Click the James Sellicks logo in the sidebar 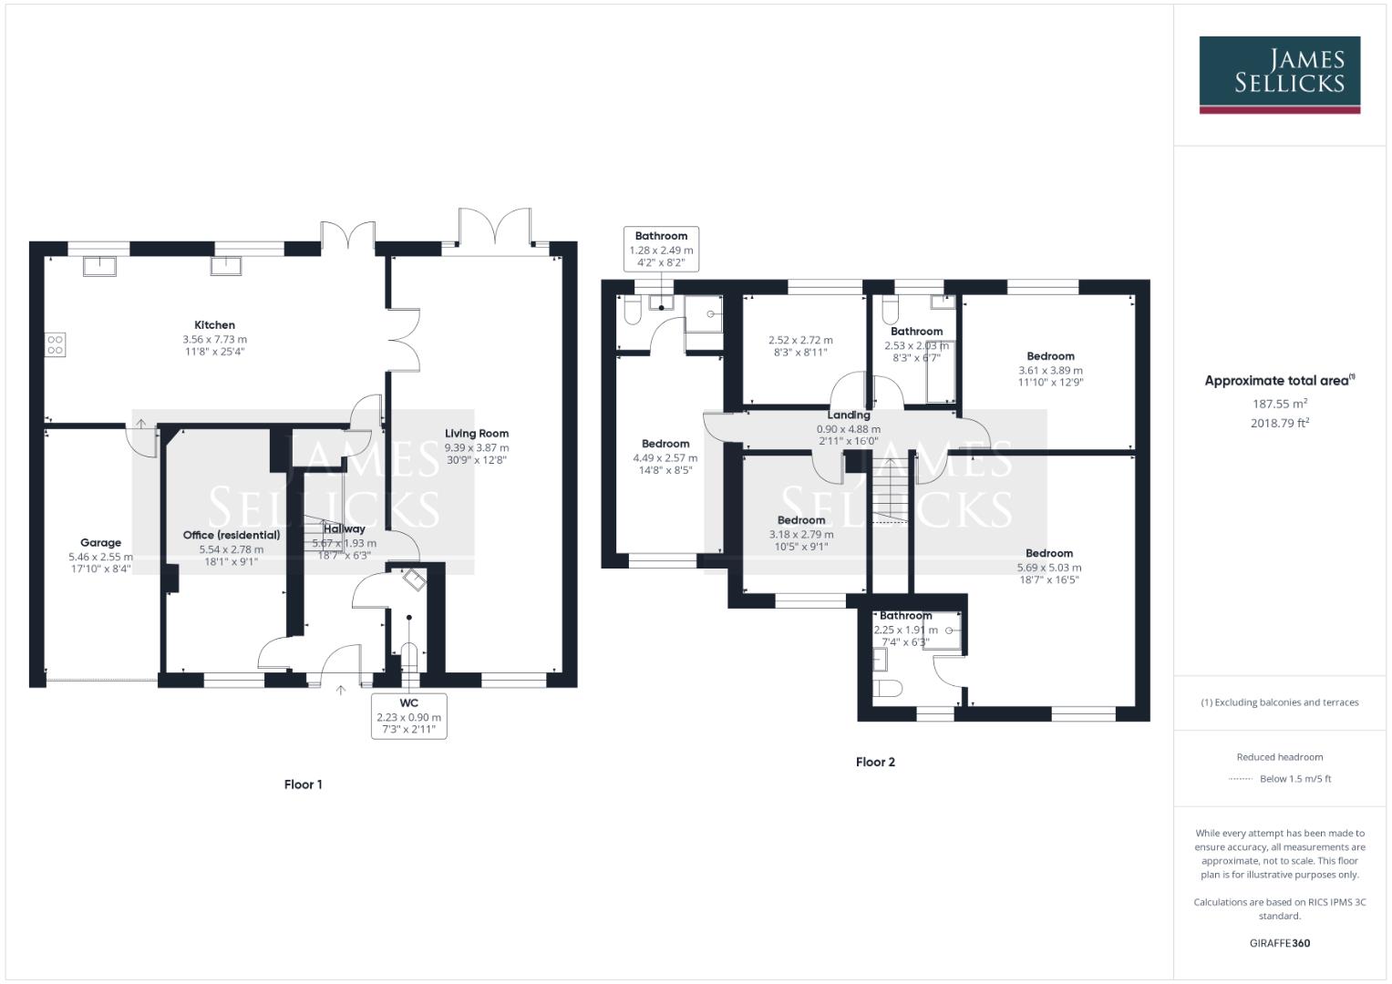click(1279, 75)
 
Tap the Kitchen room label click(214, 325)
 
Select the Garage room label click(100, 543)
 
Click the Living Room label click(477, 434)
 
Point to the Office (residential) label click(232, 536)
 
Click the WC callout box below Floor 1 click(409, 716)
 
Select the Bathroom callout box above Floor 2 click(661, 249)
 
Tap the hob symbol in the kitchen click(56, 344)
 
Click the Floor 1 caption click(303, 784)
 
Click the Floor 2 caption click(875, 762)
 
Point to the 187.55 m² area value click(1280, 404)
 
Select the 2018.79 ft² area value click(1280, 423)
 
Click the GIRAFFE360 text click(1280, 943)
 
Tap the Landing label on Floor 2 click(848, 415)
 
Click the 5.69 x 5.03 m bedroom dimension click(1049, 568)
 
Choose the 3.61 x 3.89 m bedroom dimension click(1050, 371)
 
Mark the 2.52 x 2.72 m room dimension click(800, 340)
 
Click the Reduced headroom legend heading click(1280, 757)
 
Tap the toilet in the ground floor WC click(409, 657)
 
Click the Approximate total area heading click(1278, 381)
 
